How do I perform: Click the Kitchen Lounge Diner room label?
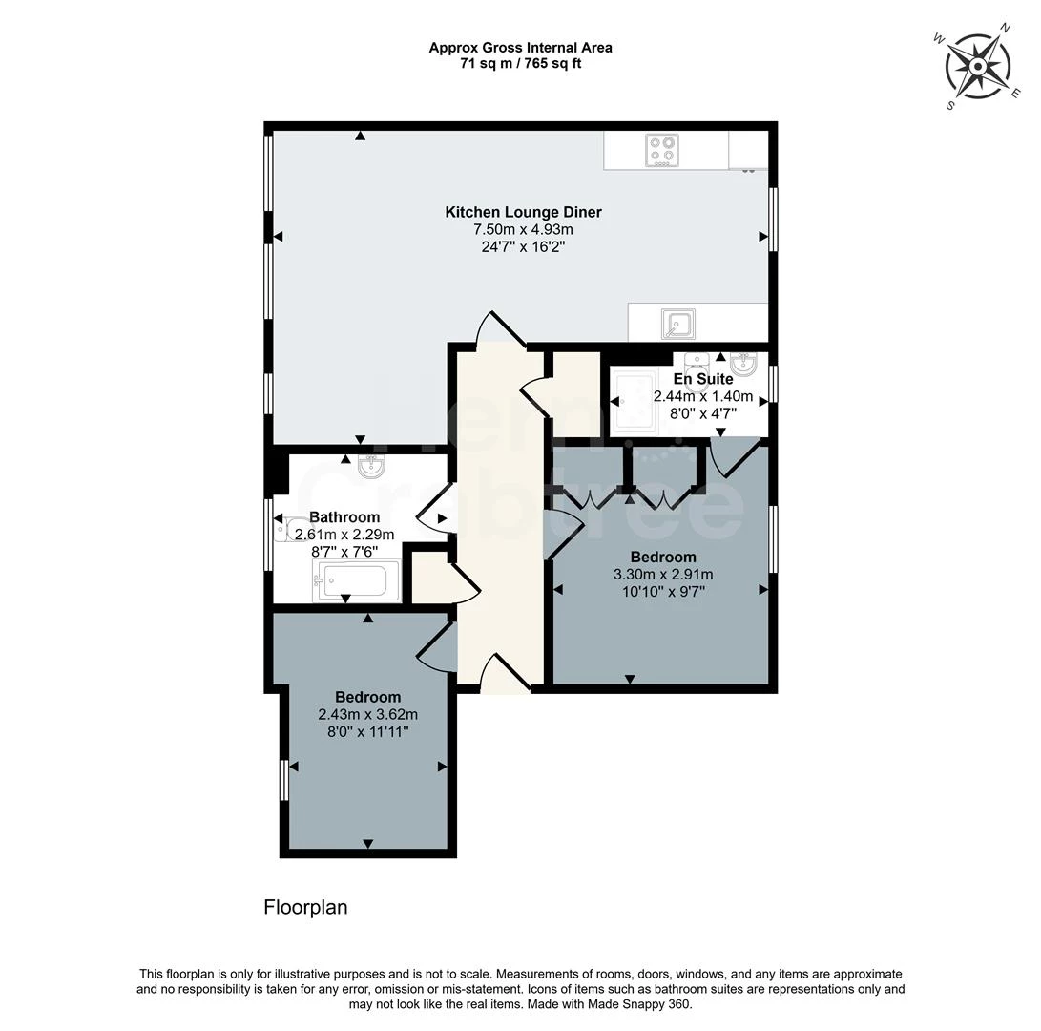click(x=523, y=213)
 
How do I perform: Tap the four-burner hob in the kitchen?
click(x=662, y=150)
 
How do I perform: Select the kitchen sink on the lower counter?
click(x=677, y=325)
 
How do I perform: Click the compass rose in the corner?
click(x=978, y=67)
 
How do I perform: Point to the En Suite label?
click(x=703, y=379)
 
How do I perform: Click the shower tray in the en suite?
click(x=634, y=401)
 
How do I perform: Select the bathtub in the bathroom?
click(x=357, y=581)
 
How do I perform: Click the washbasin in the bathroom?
click(x=370, y=467)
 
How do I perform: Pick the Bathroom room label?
click(x=344, y=517)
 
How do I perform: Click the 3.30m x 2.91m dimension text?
click(x=663, y=575)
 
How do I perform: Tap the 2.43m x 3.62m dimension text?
click(x=367, y=715)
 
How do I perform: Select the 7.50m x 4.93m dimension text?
click(x=523, y=230)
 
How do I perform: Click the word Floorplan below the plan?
click(x=305, y=908)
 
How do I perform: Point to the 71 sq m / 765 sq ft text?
click(x=521, y=64)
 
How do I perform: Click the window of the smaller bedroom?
click(x=283, y=781)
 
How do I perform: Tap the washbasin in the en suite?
click(x=742, y=364)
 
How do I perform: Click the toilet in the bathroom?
click(x=289, y=529)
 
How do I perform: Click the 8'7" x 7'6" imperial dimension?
click(x=344, y=552)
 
